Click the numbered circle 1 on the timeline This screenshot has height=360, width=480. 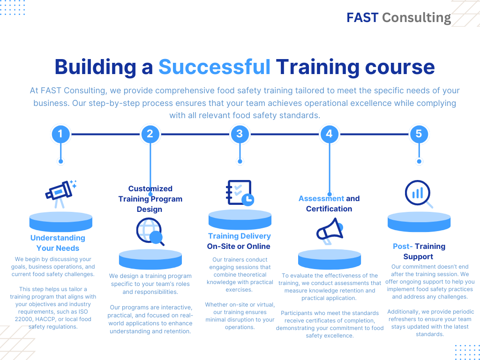60,134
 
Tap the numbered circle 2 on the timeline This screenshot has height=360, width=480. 150,134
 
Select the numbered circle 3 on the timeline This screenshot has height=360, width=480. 240,134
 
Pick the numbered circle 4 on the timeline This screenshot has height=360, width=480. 330,134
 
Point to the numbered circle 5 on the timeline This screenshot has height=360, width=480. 419,134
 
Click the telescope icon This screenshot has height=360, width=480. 61,194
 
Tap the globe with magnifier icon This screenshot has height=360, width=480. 150,232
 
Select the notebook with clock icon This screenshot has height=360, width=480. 240,193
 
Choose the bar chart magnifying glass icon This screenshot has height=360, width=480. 419,194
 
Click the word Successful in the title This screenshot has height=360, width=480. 214,67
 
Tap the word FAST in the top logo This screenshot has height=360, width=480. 362,18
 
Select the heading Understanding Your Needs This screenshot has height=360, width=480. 58,243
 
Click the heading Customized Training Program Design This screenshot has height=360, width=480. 150,199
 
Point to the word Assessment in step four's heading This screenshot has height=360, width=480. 321,199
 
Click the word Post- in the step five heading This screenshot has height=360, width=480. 403,247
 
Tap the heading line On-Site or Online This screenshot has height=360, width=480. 239,247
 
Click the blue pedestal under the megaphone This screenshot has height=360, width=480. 330,259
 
